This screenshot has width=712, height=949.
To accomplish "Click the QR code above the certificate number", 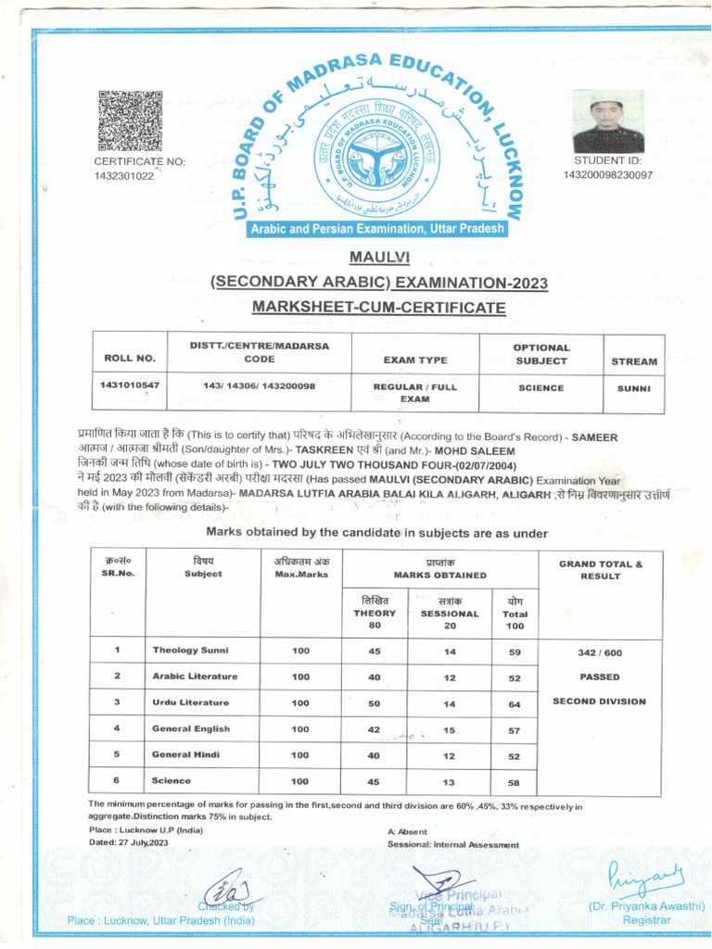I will point(130,121).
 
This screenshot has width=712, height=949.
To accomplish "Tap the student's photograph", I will point(608,121).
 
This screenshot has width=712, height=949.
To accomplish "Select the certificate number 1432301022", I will point(124,177).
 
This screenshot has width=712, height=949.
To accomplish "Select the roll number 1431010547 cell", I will point(129,385).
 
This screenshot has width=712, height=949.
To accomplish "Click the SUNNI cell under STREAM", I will point(634,388).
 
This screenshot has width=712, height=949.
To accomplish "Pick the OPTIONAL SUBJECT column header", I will point(540,354).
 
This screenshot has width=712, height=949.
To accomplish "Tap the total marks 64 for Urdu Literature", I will point(515,703).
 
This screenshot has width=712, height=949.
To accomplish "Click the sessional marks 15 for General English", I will point(450,730).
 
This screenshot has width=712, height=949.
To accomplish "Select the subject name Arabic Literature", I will point(195,677).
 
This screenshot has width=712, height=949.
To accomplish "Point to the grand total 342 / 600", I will point(599,653).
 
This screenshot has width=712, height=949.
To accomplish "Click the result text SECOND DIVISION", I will point(599,702).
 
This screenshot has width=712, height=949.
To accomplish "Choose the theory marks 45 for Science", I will point(375,781).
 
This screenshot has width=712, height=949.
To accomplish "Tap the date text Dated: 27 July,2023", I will point(128,843).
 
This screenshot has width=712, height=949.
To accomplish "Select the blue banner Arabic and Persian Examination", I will point(376,229).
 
